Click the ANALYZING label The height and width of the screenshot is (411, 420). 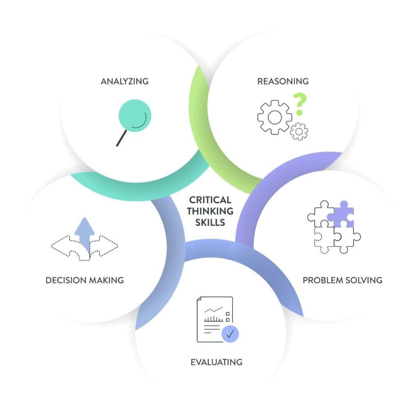click(x=124, y=81)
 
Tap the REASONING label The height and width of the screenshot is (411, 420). click(x=283, y=81)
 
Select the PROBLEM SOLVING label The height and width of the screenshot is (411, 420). click(x=342, y=280)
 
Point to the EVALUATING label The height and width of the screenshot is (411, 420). click(x=216, y=362)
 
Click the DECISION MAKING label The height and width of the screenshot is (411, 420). click(x=84, y=280)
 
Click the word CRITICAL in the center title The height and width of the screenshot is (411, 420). click(x=210, y=200)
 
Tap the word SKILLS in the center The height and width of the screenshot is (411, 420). click(x=210, y=223)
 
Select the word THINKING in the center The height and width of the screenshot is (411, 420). click(x=210, y=211)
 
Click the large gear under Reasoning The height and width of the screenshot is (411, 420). click(x=274, y=117)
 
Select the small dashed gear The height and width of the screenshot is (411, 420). click(x=299, y=132)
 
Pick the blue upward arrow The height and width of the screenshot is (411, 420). click(x=84, y=232)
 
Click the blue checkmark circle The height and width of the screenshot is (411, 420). click(x=230, y=334)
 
